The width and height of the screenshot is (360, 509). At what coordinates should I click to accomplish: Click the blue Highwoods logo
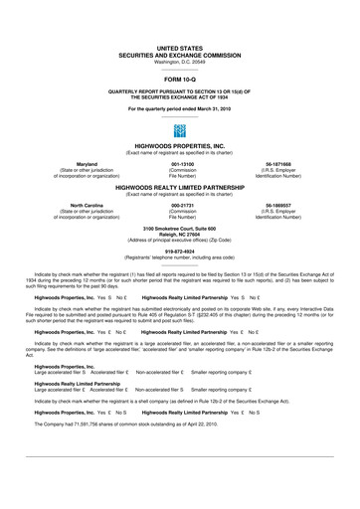(x=180, y=130)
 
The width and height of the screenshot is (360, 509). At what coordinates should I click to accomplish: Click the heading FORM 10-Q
(x=180, y=77)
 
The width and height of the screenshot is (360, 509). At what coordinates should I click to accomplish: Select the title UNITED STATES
(x=180, y=47)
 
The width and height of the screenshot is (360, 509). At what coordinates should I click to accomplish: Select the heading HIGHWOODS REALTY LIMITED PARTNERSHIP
(x=180, y=186)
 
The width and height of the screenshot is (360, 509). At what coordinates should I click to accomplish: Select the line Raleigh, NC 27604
(x=180, y=234)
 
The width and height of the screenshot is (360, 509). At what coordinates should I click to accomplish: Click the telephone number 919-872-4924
(x=180, y=251)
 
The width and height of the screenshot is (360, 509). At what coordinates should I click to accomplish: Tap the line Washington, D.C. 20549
(x=180, y=61)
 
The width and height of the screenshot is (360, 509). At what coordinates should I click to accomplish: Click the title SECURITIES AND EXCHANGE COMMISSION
(x=180, y=54)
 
